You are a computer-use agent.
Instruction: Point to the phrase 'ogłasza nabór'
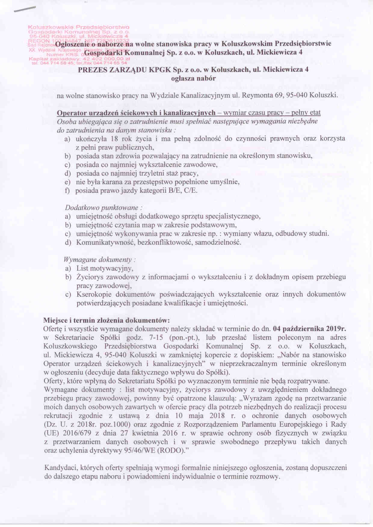coord(193,78)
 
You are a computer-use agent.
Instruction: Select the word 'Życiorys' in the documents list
coord(90,277)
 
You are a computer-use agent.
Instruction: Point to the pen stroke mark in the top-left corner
coord(24,9)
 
